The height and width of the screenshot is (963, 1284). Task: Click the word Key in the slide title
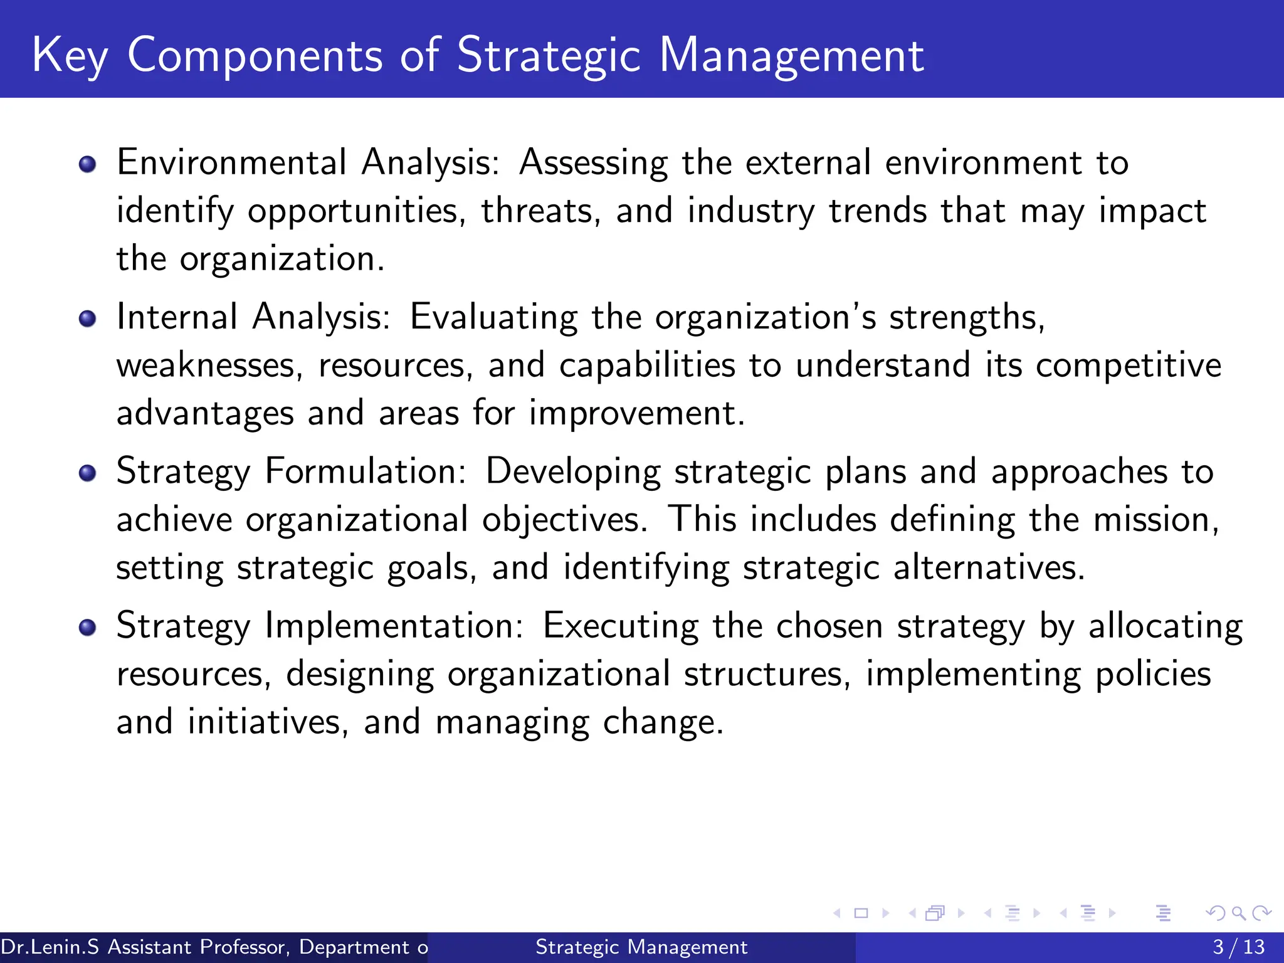click(69, 56)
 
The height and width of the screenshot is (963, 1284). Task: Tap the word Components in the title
click(255, 56)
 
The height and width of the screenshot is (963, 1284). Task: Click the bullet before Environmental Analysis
click(88, 164)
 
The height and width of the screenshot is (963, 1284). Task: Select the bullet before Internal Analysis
click(88, 318)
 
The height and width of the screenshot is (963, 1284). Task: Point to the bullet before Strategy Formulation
click(88, 473)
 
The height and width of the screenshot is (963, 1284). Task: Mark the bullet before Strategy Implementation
click(88, 627)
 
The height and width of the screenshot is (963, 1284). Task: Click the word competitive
click(1128, 366)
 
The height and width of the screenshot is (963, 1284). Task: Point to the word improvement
click(636, 414)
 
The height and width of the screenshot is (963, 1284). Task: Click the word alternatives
click(988, 568)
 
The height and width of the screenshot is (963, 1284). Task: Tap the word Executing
click(620, 627)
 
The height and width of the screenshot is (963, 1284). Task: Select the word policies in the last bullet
click(1153, 675)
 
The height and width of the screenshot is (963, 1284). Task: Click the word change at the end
click(663, 723)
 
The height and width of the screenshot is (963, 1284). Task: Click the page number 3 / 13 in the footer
click(1238, 947)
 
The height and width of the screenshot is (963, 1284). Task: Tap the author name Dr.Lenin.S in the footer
click(50, 947)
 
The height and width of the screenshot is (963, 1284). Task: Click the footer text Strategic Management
click(641, 947)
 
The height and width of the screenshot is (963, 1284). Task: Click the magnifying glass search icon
click(1238, 913)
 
